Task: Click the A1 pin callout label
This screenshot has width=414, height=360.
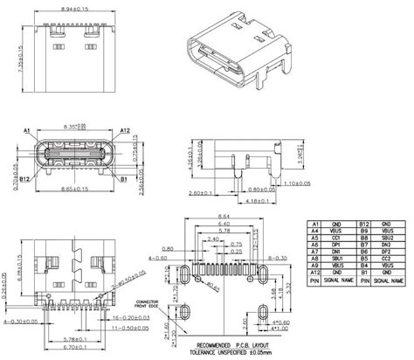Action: (x=29, y=130)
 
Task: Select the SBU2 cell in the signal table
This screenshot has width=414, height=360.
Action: (x=390, y=237)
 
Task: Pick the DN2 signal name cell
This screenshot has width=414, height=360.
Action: (x=390, y=245)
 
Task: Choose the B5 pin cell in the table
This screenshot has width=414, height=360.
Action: (x=367, y=261)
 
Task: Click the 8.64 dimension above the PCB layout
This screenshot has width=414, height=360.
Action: (x=225, y=214)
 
